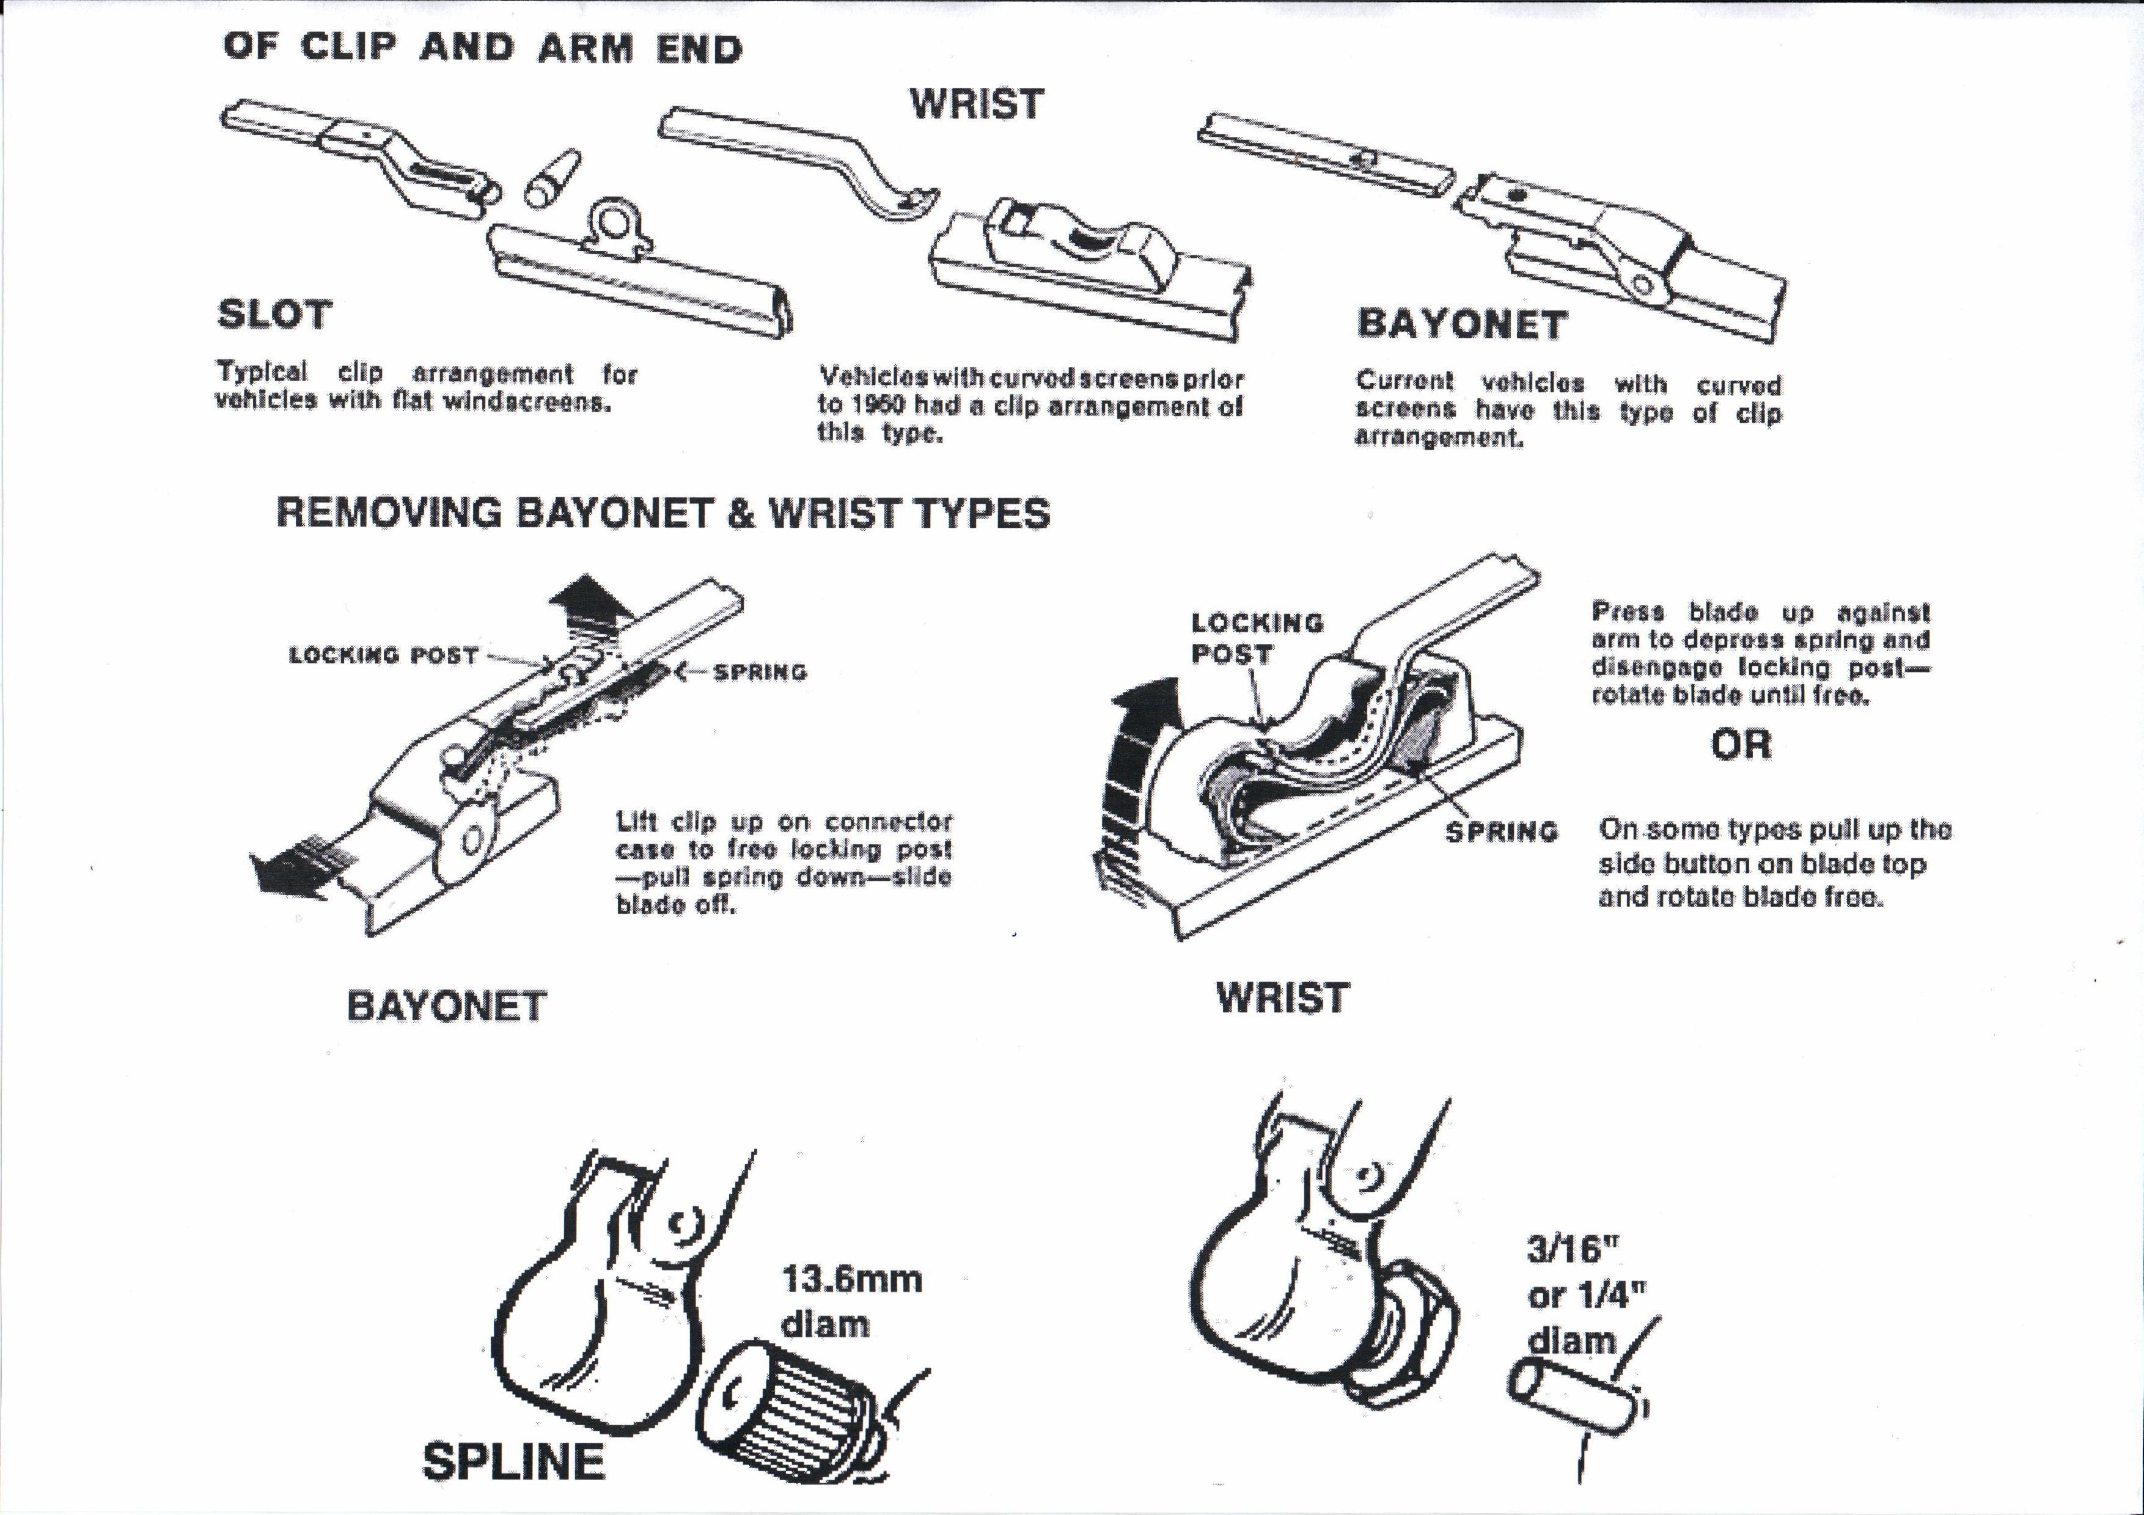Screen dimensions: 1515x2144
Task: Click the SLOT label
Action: pos(274,315)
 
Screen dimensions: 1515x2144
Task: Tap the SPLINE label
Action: pos(513,1461)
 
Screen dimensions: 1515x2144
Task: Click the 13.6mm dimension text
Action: pos(851,1279)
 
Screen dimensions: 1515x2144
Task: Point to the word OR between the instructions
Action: pos(1741,745)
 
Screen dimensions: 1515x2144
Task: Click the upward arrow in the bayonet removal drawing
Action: pos(589,604)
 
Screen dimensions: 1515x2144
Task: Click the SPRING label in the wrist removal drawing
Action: pos(1502,831)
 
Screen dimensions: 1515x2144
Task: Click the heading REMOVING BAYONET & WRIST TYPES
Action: pos(663,513)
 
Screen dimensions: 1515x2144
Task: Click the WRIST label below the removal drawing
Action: pos(1282,998)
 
